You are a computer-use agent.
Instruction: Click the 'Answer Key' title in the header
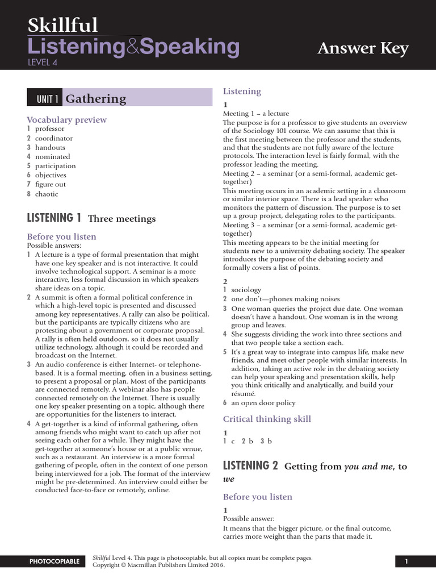pyautogui.click(x=363, y=49)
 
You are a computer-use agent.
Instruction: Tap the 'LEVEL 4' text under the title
pyautogui.click(x=43, y=63)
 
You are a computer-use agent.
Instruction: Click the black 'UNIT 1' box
pyautogui.click(x=44, y=99)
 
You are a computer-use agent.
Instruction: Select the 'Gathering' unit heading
pyautogui.click(x=96, y=98)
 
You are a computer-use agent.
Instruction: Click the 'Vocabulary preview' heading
pyautogui.click(x=67, y=119)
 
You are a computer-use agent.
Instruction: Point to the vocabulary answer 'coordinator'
pyautogui.click(x=54, y=138)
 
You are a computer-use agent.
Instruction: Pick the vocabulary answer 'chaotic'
pyautogui.click(x=47, y=194)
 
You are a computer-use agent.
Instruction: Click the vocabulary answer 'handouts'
pyautogui.click(x=50, y=147)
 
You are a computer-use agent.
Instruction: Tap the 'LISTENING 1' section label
pyautogui.click(x=54, y=218)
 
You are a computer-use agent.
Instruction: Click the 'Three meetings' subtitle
pyautogui.click(x=121, y=218)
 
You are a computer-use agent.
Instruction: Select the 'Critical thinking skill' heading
pyautogui.click(x=267, y=419)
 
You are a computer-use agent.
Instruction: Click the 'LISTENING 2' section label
pyautogui.click(x=250, y=466)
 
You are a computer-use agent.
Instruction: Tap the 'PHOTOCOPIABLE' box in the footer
pyautogui.click(x=54, y=562)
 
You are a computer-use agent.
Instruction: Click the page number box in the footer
pyautogui.click(x=406, y=562)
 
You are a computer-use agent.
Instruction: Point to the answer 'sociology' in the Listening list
pyautogui.click(x=246, y=290)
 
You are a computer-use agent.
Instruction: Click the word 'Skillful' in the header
pyautogui.click(x=62, y=26)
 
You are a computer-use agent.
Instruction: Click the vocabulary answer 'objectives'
pyautogui.click(x=51, y=175)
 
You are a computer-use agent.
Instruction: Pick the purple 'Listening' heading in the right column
pyautogui.click(x=242, y=91)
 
